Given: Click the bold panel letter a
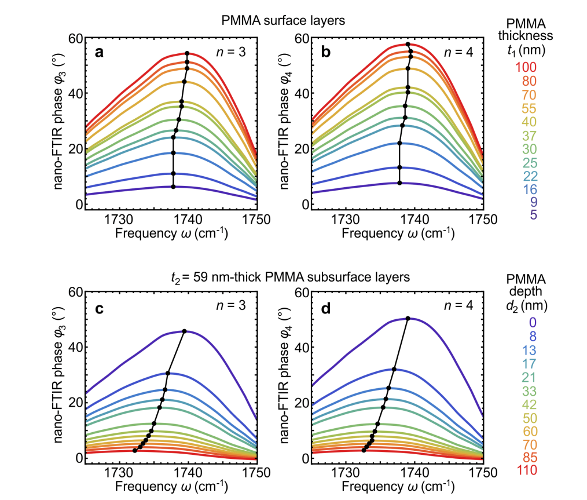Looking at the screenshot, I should (100, 53).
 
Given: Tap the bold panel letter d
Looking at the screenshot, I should (326, 307).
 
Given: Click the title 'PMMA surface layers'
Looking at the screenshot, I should (284, 21).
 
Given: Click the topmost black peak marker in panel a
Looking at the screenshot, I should (187, 54).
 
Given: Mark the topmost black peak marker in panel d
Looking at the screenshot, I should (408, 318).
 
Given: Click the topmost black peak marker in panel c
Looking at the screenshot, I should (184, 331).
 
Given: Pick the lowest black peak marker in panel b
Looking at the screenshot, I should (399, 183).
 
